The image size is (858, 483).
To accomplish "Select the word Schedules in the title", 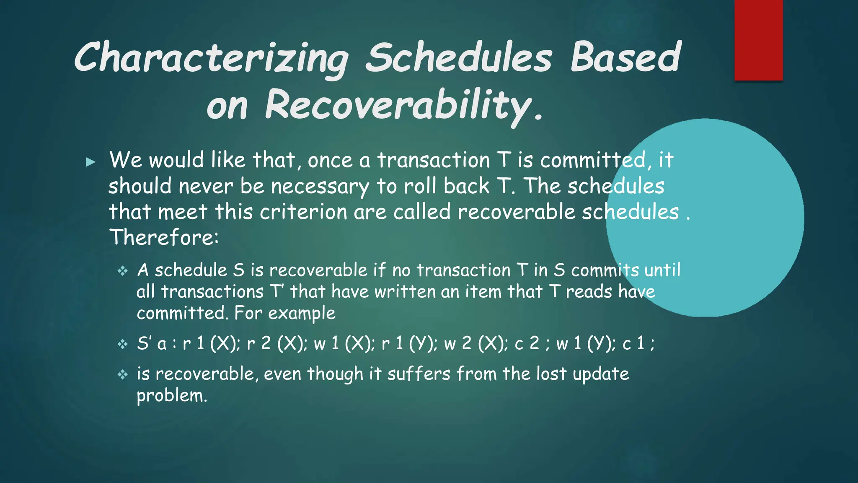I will (x=459, y=58).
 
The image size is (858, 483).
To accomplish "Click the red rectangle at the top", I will (x=758, y=40).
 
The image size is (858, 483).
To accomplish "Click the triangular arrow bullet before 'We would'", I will (x=90, y=162).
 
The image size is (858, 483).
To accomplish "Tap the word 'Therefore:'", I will (x=164, y=238).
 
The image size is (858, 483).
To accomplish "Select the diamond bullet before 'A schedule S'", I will (x=122, y=271).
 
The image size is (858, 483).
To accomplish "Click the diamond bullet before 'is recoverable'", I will (x=122, y=374).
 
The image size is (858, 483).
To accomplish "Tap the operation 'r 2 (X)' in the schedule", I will (x=277, y=344).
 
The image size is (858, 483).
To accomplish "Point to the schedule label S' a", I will (x=152, y=344).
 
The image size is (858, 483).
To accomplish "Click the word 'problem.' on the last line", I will (x=172, y=396).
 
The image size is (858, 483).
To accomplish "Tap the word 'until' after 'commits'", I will (x=662, y=270).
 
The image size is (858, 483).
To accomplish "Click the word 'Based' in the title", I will (x=625, y=58).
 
